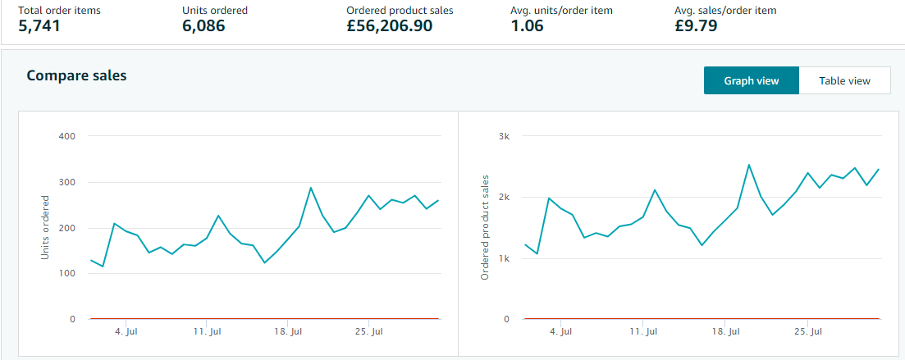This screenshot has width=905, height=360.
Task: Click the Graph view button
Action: click(751, 80)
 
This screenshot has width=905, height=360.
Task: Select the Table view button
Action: click(844, 80)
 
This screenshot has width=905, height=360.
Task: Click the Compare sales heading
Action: click(76, 75)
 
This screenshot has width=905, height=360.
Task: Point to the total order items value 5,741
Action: click(39, 25)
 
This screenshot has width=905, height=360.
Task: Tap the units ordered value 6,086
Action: click(203, 25)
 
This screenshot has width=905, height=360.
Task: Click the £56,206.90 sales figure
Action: click(389, 25)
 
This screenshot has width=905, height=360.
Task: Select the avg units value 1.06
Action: click(528, 25)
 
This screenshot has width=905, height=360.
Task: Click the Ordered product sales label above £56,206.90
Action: click(400, 11)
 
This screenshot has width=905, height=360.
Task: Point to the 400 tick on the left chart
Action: click(67, 136)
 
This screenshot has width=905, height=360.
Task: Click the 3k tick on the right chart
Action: click(504, 136)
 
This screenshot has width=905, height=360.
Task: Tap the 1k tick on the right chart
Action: click(504, 258)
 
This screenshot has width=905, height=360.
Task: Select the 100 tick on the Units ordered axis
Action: click(67, 273)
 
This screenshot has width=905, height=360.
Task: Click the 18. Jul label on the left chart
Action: click(287, 332)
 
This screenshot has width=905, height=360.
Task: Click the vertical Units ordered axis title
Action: click(45, 227)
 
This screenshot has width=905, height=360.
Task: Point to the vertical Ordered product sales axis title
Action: click(485, 227)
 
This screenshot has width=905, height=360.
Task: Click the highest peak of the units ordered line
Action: click(311, 188)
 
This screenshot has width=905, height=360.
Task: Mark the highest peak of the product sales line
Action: click(748, 165)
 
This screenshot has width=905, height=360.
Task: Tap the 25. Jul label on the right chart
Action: click(807, 332)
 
